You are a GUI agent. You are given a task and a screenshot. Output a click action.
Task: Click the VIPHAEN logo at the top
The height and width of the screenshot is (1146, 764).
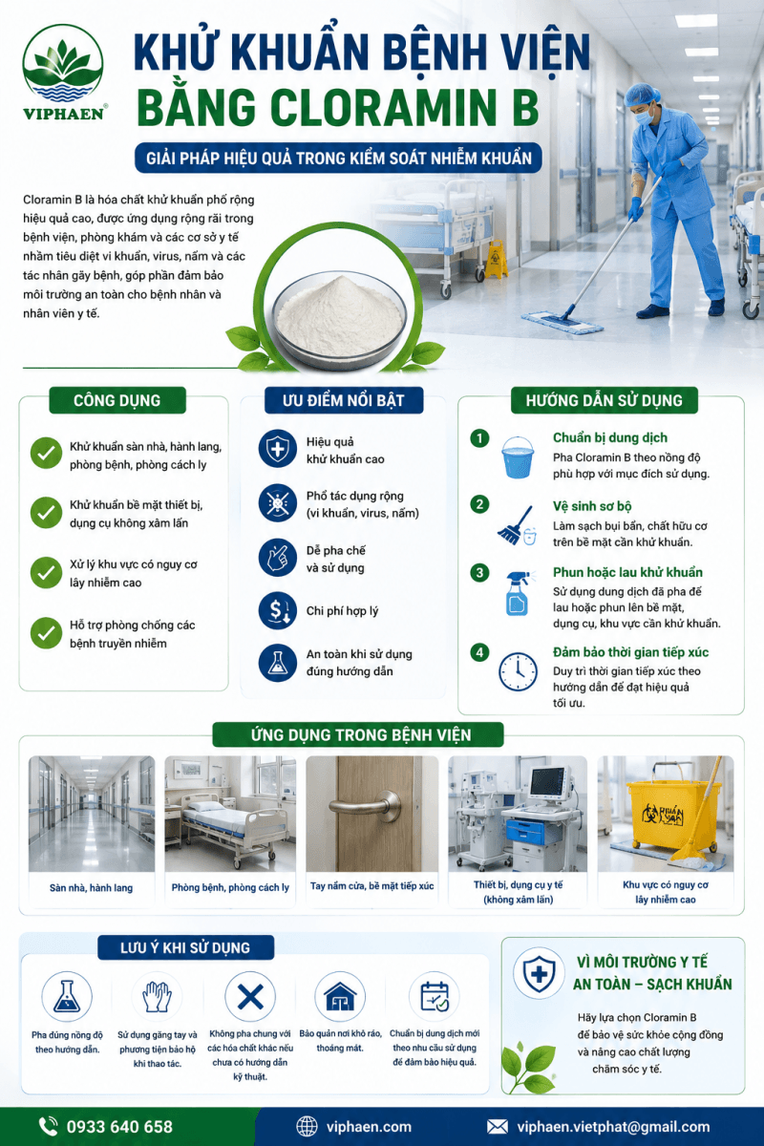pyautogui.click(x=63, y=73)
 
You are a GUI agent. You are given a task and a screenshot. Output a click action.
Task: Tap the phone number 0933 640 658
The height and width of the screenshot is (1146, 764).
pyautogui.click(x=119, y=1126)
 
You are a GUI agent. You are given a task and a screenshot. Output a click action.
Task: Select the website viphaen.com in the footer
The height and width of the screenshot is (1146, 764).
pyautogui.click(x=369, y=1126)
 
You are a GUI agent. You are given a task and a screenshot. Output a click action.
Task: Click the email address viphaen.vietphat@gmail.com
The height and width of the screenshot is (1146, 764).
pyautogui.click(x=613, y=1126)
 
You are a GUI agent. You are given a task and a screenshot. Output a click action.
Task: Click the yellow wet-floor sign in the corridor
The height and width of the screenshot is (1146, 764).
pyautogui.click(x=496, y=260)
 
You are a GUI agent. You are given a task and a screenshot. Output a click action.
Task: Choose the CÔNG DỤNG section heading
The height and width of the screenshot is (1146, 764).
pyautogui.click(x=117, y=400)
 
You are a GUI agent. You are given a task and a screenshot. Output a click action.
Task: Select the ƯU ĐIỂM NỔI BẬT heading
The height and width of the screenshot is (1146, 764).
pyautogui.click(x=344, y=400)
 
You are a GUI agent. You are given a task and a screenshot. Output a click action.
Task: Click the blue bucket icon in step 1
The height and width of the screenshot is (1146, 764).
pyautogui.click(x=518, y=456)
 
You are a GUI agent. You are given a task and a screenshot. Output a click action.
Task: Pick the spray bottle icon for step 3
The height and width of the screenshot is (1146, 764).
pyautogui.click(x=519, y=592)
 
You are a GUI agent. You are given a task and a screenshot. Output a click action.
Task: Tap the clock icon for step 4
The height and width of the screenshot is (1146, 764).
pyautogui.click(x=518, y=671)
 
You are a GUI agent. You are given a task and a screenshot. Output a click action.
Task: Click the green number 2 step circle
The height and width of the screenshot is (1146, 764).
pyautogui.click(x=479, y=504)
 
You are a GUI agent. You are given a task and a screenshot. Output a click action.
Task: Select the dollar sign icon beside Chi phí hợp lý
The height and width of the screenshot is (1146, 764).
pyautogui.click(x=277, y=610)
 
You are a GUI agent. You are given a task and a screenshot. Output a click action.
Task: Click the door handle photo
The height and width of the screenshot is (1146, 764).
pyautogui.click(x=372, y=814)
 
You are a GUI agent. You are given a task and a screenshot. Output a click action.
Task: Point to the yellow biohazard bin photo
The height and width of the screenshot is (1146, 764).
pyautogui.click(x=666, y=814)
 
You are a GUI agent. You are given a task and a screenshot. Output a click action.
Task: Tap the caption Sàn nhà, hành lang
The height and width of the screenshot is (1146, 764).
pyautogui.click(x=91, y=887)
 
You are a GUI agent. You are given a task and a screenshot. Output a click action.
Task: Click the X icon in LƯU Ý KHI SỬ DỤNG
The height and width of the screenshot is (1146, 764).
pyautogui.click(x=250, y=997)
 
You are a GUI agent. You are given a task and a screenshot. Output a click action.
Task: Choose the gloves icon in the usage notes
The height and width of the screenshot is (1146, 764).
pyautogui.click(x=157, y=997)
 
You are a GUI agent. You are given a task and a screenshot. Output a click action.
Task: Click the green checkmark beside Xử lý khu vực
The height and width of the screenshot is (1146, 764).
pyautogui.click(x=46, y=572)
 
